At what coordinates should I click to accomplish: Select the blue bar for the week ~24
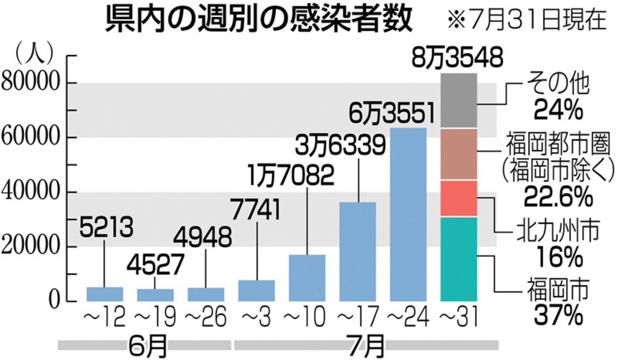[x=408, y=214]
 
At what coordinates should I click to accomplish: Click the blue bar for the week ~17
[x=358, y=251]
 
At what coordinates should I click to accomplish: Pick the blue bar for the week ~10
[x=307, y=278]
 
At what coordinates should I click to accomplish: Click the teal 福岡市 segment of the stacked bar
[x=459, y=259]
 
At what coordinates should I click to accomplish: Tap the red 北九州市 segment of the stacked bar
[x=459, y=198]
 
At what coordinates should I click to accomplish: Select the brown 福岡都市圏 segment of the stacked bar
[x=459, y=154]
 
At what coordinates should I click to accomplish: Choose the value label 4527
[x=155, y=265]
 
